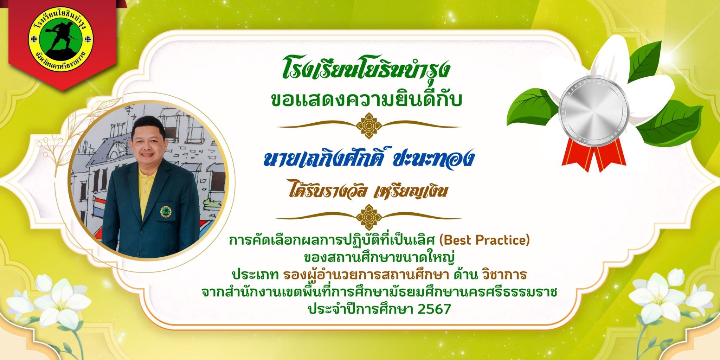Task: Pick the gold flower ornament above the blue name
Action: (x=369, y=126)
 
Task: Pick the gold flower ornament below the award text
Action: (x=369, y=217)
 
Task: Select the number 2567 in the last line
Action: (x=434, y=309)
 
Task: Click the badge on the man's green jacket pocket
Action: (x=166, y=211)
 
